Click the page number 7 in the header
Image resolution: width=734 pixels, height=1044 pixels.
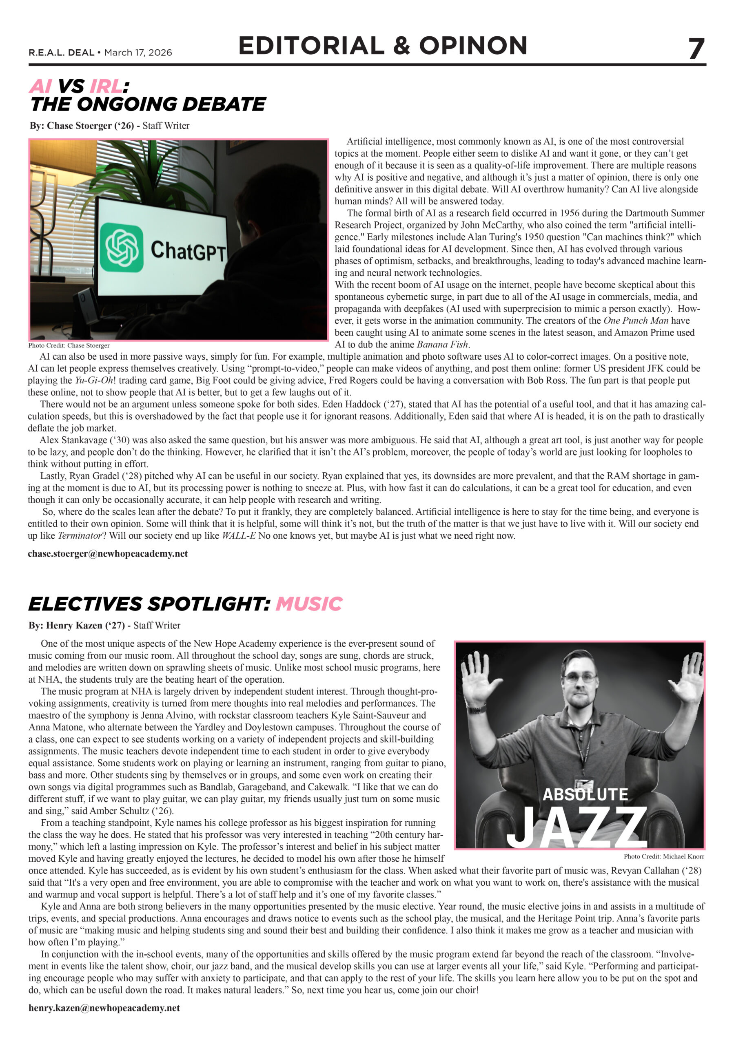[x=696, y=49]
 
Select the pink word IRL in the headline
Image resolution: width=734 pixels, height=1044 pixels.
[x=106, y=86]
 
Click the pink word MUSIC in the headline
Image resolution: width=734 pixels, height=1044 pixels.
[x=308, y=604]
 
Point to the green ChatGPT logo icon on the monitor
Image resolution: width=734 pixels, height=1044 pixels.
[x=122, y=248]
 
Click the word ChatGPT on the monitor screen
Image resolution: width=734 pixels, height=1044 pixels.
[x=188, y=250]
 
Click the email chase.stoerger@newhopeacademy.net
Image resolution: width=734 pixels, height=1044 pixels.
[x=107, y=554]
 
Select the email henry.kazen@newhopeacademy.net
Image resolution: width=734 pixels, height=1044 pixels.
[x=104, y=1008]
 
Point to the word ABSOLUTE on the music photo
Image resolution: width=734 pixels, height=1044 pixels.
[x=585, y=794]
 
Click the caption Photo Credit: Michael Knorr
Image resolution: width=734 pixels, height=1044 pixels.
[x=663, y=857]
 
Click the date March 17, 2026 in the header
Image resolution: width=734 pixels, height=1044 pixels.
[x=138, y=53]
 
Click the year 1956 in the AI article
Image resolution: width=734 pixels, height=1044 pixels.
[x=569, y=213]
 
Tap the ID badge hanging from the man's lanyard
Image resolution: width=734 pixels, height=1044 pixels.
[x=584, y=785]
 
